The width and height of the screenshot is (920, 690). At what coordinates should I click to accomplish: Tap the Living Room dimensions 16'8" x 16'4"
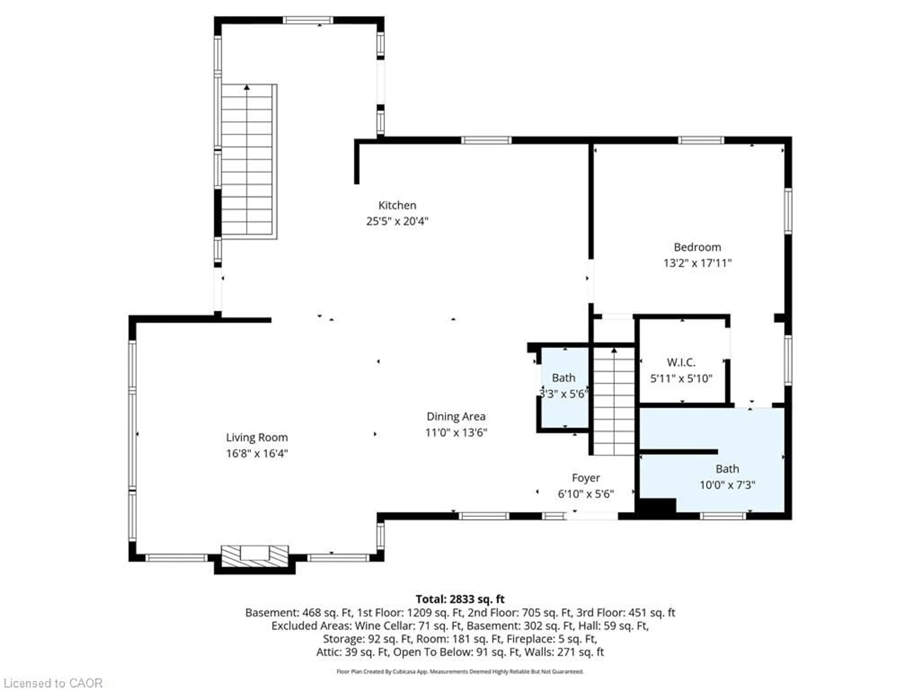tap(257, 453)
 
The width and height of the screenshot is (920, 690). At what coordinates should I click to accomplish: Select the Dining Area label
tap(456, 416)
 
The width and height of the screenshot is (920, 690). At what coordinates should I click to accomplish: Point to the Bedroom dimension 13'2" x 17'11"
tap(697, 263)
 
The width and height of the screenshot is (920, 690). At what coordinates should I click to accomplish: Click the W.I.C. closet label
tap(681, 362)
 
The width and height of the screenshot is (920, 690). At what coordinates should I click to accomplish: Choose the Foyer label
tap(586, 478)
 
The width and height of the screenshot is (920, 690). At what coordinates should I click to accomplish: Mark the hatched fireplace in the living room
tap(254, 556)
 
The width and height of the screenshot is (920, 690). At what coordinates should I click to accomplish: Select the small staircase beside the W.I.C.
tap(614, 401)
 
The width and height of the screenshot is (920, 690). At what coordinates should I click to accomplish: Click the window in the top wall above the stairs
tap(308, 20)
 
